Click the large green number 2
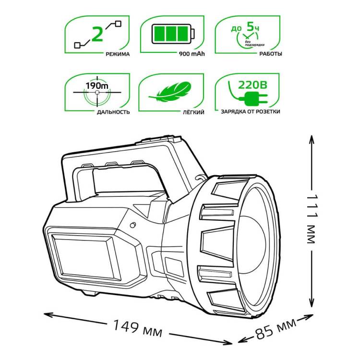tap(97, 35)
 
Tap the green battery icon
tap(173, 34)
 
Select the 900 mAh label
tap(192, 54)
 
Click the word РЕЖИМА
tap(118, 54)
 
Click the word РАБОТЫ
tap(271, 54)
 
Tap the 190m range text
tap(97, 86)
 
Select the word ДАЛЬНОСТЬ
tap(113, 112)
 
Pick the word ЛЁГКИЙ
tap(193, 112)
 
